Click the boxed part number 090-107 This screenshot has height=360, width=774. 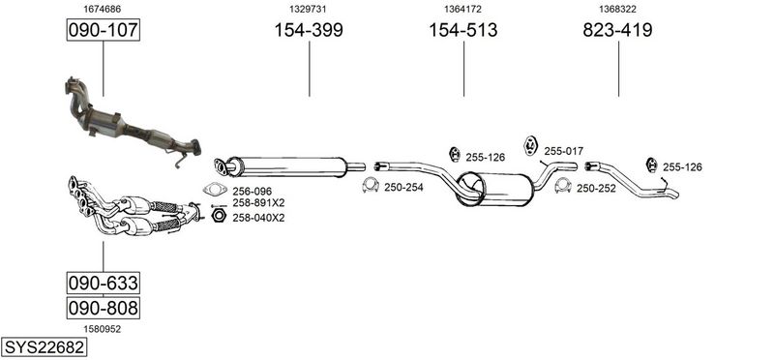tap(104, 30)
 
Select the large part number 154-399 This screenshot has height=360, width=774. tap(309, 30)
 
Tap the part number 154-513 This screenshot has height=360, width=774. tap(463, 30)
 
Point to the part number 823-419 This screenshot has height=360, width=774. tap(617, 30)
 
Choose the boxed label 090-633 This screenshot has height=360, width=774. tap(104, 283)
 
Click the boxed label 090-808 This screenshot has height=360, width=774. tap(104, 308)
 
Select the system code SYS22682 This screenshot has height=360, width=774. tap(44, 347)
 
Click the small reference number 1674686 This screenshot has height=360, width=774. tap(103, 9)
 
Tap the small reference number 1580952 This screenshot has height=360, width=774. tap(103, 329)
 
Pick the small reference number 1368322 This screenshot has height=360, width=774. tap(617, 9)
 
